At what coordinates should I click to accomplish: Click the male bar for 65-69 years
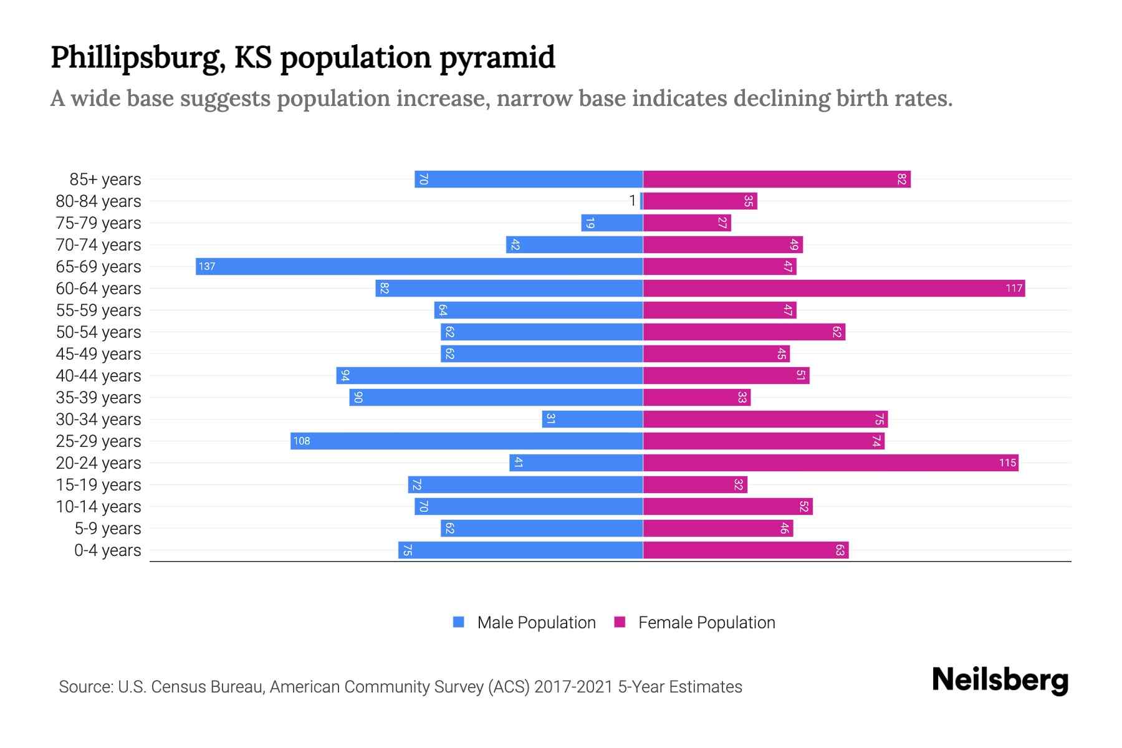pos(419,266)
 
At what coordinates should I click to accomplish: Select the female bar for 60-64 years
pos(833,288)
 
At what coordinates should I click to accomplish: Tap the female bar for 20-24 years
pos(830,463)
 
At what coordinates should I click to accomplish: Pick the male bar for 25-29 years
pos(466,441)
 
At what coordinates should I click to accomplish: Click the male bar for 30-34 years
pos(592,419)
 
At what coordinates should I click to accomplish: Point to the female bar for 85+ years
pos(776,179)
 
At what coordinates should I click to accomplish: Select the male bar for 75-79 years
pos(611,223)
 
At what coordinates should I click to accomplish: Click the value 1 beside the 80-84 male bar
pos(632,201)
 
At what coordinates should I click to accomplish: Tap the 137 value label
pos(206,267)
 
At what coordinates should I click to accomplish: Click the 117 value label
pos(1014,288)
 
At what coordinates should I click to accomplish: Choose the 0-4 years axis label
pos(107,550)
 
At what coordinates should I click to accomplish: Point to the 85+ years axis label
pos(105,180)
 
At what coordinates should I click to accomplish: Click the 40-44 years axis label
pos(98,376)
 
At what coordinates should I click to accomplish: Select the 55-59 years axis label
pos(98,310)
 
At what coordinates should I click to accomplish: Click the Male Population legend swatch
pos(459,622)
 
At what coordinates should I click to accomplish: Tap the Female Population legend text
pos(706,623)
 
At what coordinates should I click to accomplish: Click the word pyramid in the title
pos(497,58)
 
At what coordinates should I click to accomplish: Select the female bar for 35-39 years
pos(696,397)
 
